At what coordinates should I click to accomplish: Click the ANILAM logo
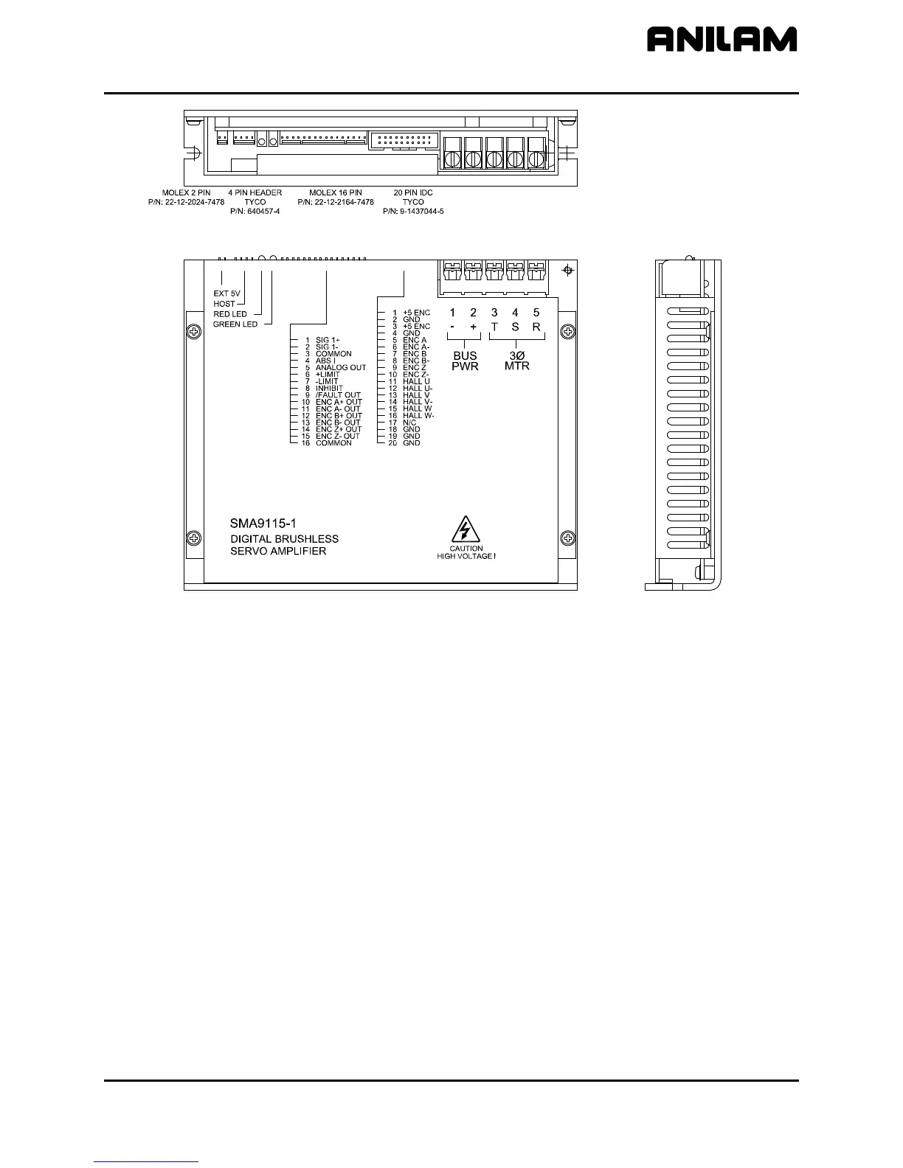click(x=722, y=39)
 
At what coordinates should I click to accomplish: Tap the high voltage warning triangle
click(x=466, y=529)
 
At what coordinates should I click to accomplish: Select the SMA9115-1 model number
click(x=263, y=523)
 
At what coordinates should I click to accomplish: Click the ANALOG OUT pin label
click(x=340, y=368)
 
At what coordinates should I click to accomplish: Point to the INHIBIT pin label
click(x=329, y=388)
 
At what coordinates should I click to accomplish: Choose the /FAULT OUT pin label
click(x=338, y=395)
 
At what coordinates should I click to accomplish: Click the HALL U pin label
click(x=416, y=381)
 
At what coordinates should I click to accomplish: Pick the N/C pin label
click(x=409, y=423)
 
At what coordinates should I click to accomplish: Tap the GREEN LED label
click(x=235, y=324)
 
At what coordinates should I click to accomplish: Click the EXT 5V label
click(x=226, y=293)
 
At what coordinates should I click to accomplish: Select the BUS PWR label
click(x=466, y=361)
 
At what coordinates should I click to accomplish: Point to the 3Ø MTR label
click(x=517, y=361)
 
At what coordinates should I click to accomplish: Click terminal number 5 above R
click(x=536, y=313)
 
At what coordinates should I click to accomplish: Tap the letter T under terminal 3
click(x=494, y=327)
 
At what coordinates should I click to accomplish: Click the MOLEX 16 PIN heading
click(x=336, y=192)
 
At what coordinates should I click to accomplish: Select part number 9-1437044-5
click(x=413, y=211)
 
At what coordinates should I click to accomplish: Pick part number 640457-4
click(x=255, y=211)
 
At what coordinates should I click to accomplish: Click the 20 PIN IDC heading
click(x=413, y=192)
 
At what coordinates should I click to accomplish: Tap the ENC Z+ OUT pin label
click(x=339, y=429)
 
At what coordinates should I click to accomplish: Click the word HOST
click(x=224, y=304)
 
